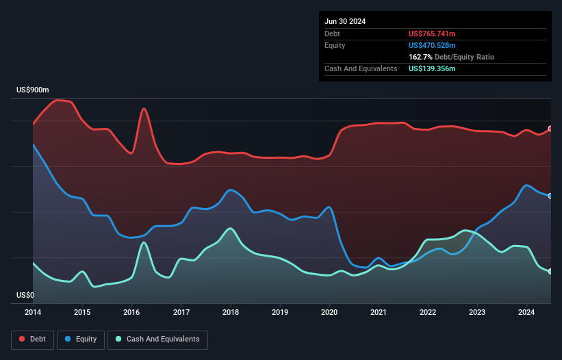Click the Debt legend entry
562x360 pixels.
[34, 339]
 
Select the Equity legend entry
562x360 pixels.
[81, 339]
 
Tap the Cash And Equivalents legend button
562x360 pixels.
[157, 339]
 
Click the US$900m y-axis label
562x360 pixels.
[33, 90]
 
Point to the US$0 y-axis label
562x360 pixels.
[25, 296]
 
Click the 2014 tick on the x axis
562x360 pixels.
[33, 313]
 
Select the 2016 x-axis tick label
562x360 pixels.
[132, 313]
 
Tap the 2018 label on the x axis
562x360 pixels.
[231, 313]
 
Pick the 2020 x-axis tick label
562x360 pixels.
[329, 313]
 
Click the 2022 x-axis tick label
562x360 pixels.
[428, 313]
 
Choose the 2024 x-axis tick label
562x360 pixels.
[526, 313]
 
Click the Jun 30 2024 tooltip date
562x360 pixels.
[345, 21]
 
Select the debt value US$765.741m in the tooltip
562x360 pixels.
[432, 34]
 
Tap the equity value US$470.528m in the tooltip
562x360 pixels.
[432, 45]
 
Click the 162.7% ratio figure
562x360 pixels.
[420, 57]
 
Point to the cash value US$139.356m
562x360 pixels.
[432, 69]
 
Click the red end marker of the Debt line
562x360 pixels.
[550, 129]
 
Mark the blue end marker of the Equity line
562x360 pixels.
[550, 196]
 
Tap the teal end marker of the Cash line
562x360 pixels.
[550, 272]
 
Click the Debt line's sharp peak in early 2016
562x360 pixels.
[144, 108]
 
